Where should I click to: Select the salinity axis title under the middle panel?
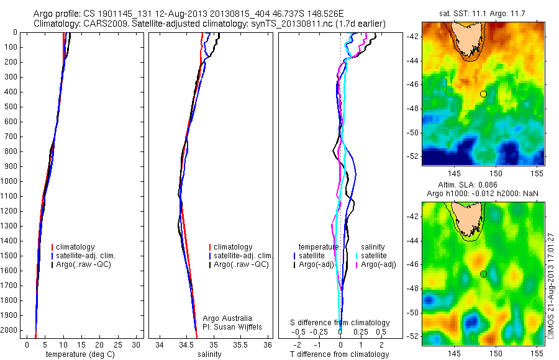[x=208, y=354]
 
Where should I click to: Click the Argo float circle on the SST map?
[x=483, y=94]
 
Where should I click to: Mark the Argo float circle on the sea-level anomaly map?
[x=483, y=274]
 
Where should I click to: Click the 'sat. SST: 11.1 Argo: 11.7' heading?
[x=483, y=12]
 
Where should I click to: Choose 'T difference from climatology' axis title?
[x=339, y=354]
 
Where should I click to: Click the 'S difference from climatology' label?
[x=340, y=323]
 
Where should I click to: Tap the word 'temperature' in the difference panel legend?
[x=319, y=246]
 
